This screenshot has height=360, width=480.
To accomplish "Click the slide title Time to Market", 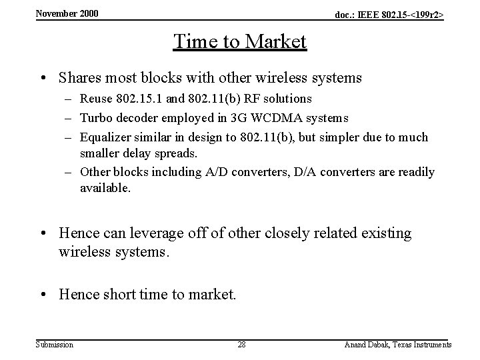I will point(240,41).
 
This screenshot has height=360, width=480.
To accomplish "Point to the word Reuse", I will point(96,99).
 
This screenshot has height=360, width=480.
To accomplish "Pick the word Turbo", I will point(96,118).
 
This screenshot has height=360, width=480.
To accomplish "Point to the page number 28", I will point(242,345).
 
